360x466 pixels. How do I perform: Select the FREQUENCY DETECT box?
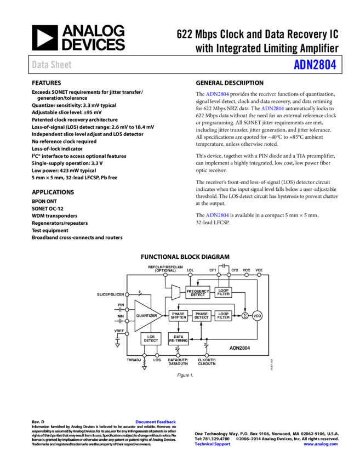point(198,293)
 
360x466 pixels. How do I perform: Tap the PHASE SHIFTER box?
point(178,316)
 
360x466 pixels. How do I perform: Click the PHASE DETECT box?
point(202,316)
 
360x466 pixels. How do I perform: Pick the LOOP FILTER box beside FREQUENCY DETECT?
point(224,292)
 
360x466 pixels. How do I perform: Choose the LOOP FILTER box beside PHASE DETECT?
point(224,316)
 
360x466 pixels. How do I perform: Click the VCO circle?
point(258,316)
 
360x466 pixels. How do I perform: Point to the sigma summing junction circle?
point(245,316)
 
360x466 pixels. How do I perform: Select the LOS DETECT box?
point(151,339)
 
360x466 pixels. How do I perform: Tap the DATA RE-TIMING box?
point(178,339)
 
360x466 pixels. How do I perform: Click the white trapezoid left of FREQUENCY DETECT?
point(176,292)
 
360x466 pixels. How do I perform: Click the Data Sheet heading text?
point(52,65)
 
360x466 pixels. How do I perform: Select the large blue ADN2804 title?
point(315,65)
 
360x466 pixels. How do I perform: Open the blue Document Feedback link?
point(156,422)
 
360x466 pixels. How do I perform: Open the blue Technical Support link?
point(213,444)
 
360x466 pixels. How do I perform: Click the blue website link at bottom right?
point(321,444)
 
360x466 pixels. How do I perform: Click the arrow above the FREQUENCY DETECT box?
point(198,283)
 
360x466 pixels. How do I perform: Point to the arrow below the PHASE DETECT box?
point(202,325)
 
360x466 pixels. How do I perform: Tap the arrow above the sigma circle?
point(245,309)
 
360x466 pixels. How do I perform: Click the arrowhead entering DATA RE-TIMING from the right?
point(191,339)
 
